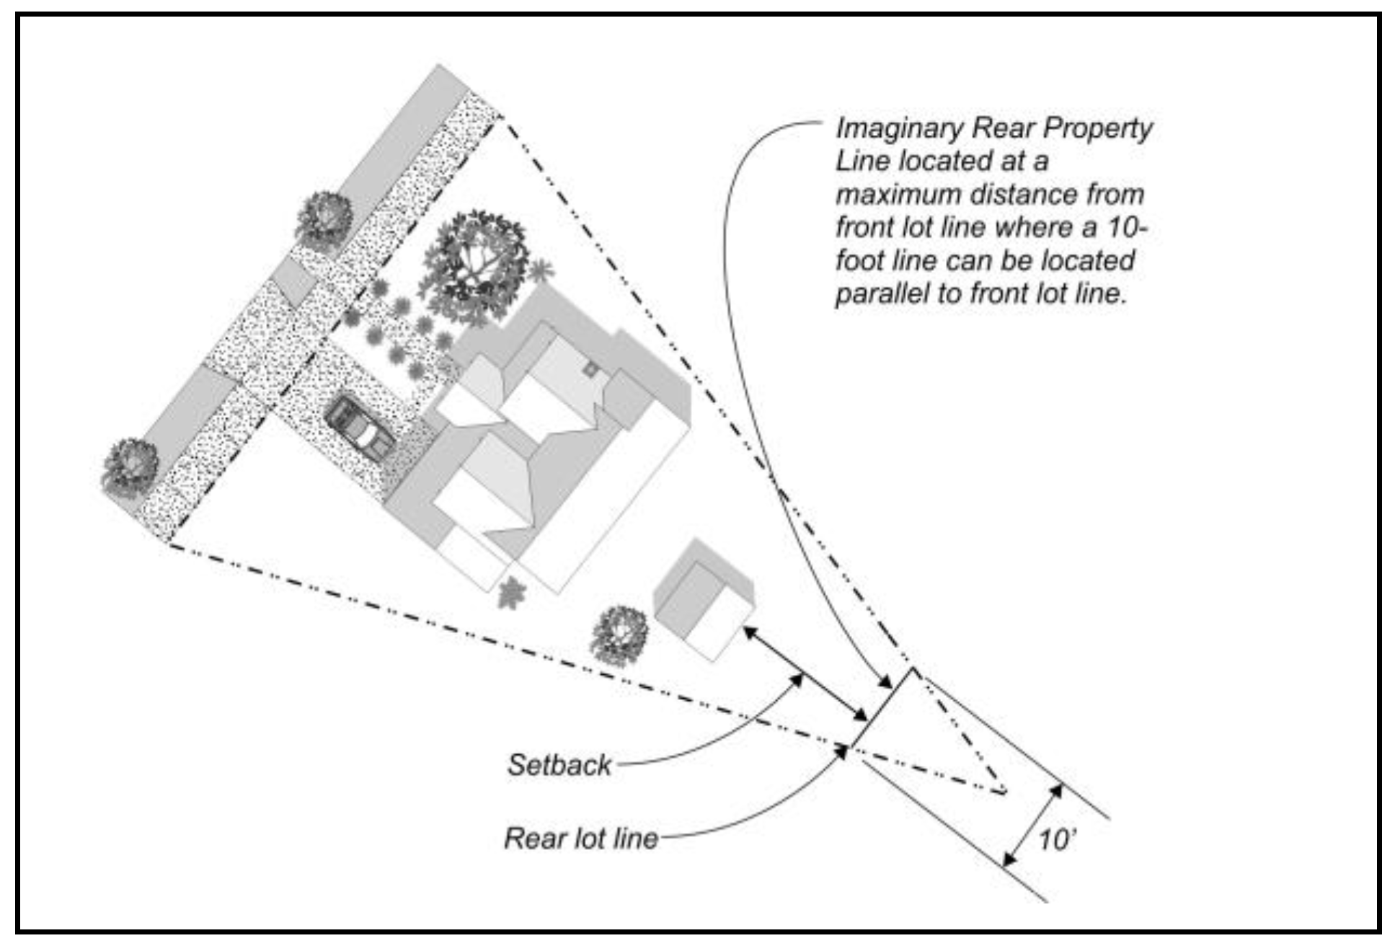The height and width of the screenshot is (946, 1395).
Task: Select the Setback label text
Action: point(559,765)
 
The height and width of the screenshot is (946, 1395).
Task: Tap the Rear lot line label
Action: point(581,839)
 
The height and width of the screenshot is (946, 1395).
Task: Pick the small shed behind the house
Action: point(702,599)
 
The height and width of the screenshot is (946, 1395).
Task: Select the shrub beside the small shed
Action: point(619,635)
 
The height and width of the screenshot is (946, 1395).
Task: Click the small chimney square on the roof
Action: point(590,370)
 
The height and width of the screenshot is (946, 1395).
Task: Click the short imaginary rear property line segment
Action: point(884,707)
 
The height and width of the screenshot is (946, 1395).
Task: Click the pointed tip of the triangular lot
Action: point(1004,792)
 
